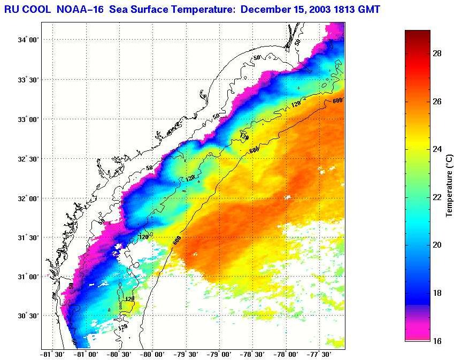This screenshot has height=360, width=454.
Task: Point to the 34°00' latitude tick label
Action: [x=28, y=40]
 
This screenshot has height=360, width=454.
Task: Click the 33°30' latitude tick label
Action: [x=28, y=80]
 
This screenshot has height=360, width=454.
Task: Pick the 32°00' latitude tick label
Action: [x=28, y=198]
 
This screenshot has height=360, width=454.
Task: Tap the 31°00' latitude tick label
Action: [x=28, y=277]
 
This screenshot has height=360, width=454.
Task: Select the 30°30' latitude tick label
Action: [x=28, y=316]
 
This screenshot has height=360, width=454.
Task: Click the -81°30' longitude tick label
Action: [x=52, y=354]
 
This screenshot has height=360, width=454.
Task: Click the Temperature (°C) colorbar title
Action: [x=450, y=186]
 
